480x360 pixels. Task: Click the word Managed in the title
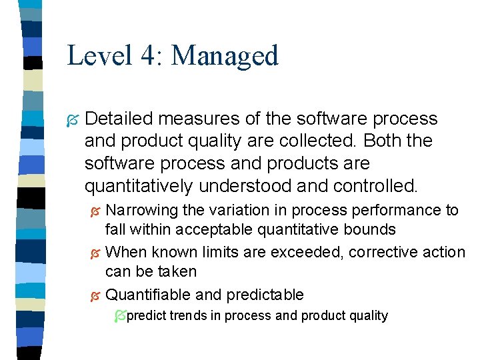225,55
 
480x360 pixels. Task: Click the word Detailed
117,119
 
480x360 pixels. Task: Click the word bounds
373,230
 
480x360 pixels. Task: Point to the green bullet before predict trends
119,316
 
